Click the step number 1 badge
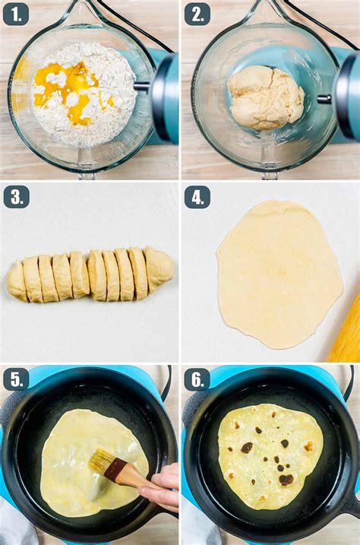16,14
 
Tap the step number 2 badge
197,14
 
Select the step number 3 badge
16,197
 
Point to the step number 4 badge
197,197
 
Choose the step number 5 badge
16,379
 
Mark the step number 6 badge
197,379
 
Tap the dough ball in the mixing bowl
266,97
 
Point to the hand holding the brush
159,486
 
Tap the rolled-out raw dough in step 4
279,274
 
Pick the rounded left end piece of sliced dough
16,280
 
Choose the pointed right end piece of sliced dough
159,268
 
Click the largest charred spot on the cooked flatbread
286,480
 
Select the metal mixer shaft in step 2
324,99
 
